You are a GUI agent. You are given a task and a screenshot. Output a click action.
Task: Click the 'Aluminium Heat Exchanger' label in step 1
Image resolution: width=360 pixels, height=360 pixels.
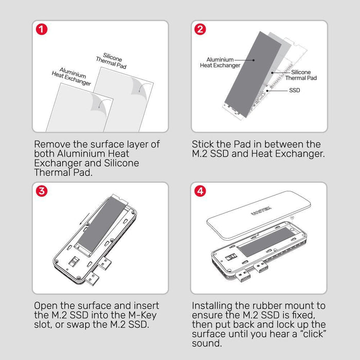point(72,77)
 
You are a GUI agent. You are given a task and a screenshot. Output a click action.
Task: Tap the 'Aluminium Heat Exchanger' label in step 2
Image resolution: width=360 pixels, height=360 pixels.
point(220,63)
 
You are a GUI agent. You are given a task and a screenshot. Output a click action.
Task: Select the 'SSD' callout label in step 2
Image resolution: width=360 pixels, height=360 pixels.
point(294,90)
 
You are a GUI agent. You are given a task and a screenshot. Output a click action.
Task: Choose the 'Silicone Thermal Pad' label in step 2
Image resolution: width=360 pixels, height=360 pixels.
point(301,76)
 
